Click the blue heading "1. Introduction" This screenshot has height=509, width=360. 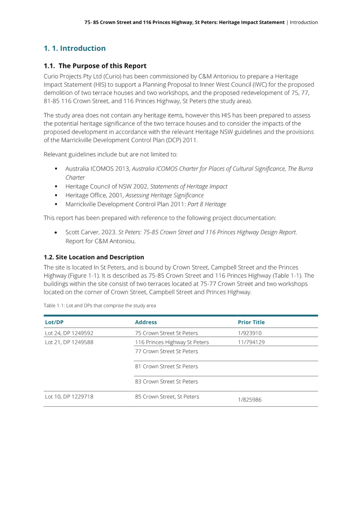click(75, 48)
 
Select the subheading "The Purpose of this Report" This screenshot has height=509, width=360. click(102, 66)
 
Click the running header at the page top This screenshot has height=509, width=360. click(201, 22)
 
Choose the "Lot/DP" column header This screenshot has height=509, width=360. click(54, 322)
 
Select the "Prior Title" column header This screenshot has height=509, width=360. click(251, 322)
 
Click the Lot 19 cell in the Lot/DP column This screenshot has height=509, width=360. click(69, 396)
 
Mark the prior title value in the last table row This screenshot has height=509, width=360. click(250, 400)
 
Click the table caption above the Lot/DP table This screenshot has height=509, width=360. click(100, 305)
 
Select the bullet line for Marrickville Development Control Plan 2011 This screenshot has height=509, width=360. click(146, 204)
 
